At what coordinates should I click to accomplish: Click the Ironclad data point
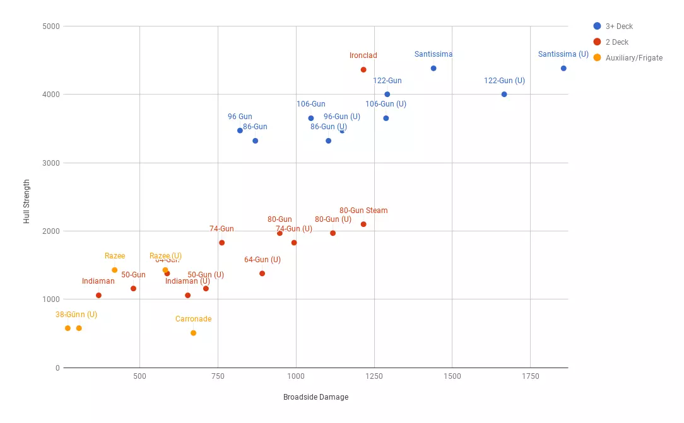click(x=363, y=70)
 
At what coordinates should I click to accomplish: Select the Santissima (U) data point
click(x=563, y=69)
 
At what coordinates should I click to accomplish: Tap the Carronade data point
click(x=193, y=333)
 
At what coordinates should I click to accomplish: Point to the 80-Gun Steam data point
click(x=363, y=224)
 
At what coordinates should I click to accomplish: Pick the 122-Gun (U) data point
click(x=504, y=95)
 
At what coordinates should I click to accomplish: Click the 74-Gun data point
click(x=221, y=243)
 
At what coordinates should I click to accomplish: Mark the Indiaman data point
click(x=98, y=296)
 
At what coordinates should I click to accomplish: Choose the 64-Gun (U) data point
click(x=262, y=274)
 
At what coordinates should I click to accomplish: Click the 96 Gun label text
click(x=240, y=117)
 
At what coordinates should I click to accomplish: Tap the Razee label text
click(x=115, y=256)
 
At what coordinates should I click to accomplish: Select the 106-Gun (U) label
click(x=386, y=104)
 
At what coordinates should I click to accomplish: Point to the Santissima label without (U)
click(x=433, y=54)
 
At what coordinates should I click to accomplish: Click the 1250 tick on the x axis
click(x=374, y=376)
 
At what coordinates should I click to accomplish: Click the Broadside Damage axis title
click(x=315, y=397)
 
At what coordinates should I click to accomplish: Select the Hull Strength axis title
click(x=27, y=202)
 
